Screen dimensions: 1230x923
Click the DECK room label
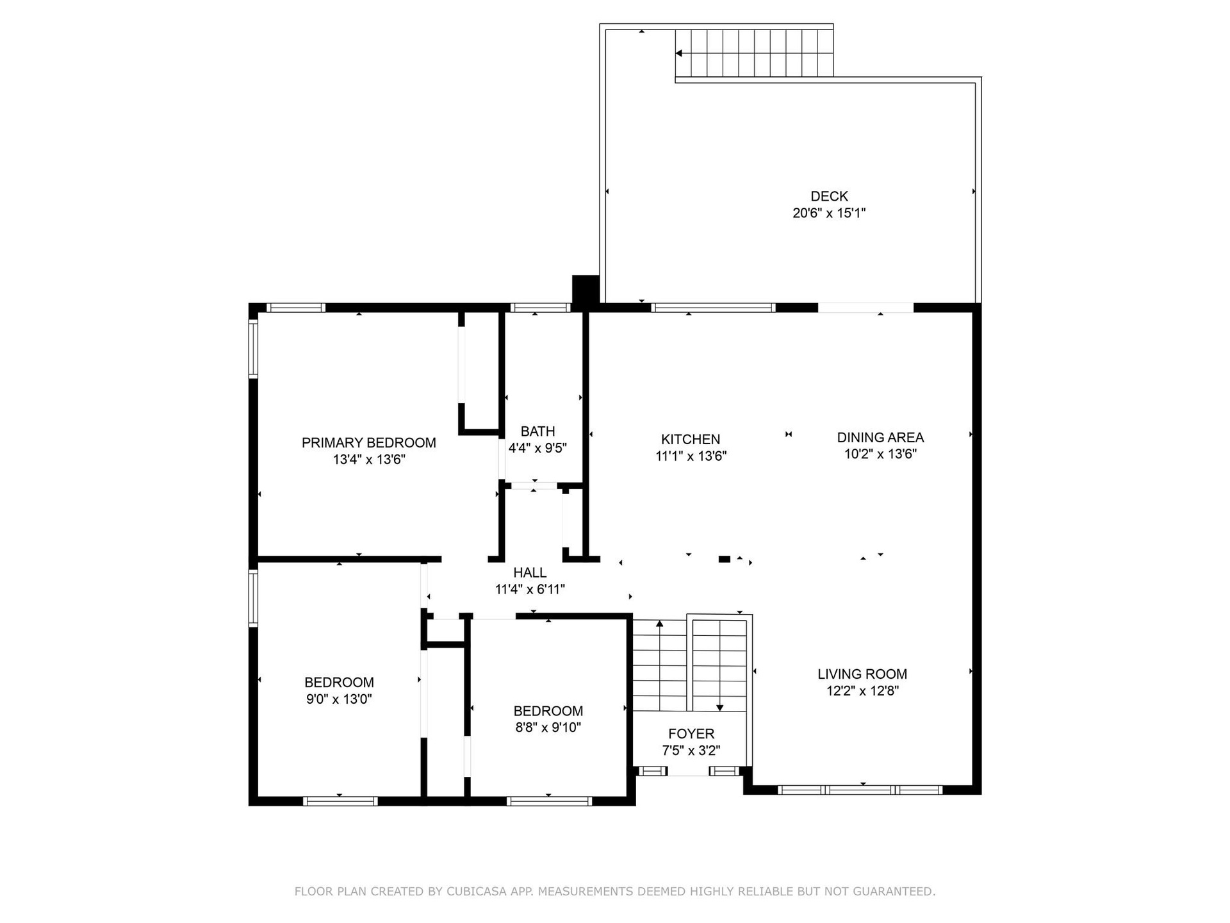[x=829, y=196]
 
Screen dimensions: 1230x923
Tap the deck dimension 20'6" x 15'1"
[x=829, y=213]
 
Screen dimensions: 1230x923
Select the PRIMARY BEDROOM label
[x=369, y=442]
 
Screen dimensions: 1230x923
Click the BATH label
[x=537, y=431]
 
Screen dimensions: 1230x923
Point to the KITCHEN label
[x=691, y=439]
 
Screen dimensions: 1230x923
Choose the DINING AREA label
[x=880, y=437]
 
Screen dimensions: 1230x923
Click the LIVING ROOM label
[x=862, y=674]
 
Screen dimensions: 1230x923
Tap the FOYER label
[x=691, y=734]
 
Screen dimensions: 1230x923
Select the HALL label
[x=530, y=572]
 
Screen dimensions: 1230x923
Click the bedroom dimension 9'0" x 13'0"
[x=339, y=699]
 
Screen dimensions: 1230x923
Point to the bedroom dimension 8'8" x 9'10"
[x=548, y=728]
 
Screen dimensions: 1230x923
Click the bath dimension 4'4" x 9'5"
[x=537, y=448]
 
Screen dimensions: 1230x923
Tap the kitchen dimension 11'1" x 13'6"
[x=691, y=456]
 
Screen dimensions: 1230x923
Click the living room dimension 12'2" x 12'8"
[x=862, y=690]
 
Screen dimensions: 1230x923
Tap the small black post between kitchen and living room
[x=725, y=559]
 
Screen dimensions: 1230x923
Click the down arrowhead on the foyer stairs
[x=719, y=708]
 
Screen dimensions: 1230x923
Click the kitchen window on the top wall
[x=713, y=308]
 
